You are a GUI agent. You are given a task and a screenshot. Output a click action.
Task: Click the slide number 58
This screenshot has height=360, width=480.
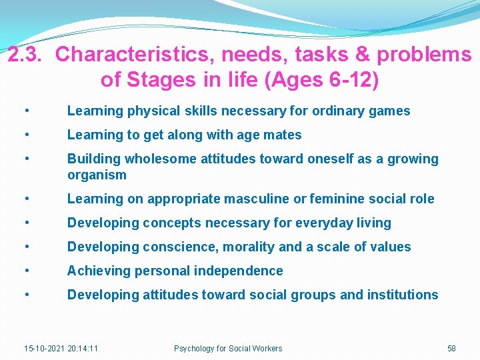coord(451,348)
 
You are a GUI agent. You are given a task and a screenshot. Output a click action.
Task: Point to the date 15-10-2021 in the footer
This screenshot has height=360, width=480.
coord(44,348)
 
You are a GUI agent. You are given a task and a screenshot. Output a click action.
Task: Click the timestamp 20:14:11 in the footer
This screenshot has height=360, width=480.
coord(83,348)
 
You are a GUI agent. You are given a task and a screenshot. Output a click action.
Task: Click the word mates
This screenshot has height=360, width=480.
coord(283,135)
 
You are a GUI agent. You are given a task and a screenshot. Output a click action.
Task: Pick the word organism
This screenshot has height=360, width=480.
coord(97,175)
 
